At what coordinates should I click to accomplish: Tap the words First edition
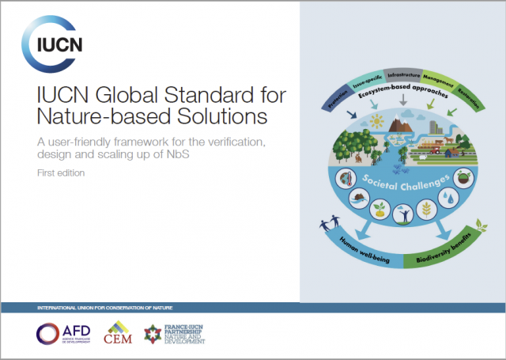(63, 172)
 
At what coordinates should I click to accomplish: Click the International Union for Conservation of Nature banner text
(99, 307)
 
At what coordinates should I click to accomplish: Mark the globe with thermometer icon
(346, 177)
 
